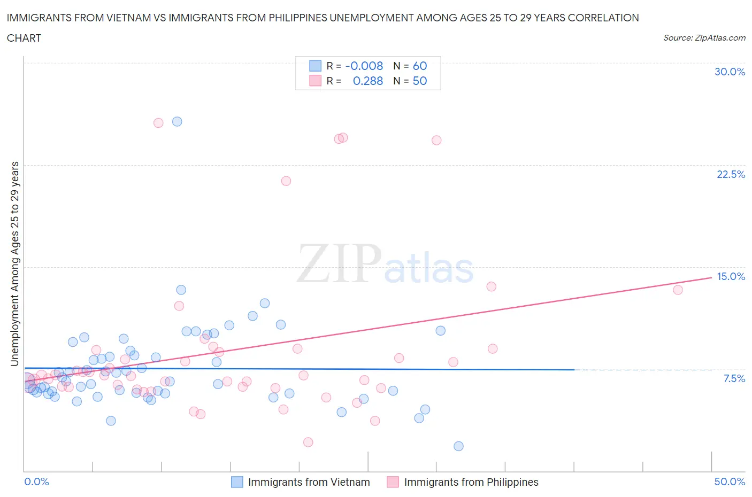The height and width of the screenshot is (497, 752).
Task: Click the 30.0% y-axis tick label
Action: click(730, 72)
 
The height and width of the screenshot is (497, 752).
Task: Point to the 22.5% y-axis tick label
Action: click(731, 174)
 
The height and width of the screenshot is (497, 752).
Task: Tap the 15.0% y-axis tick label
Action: click(731, 276)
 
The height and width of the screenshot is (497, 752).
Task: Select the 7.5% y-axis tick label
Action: click(734, 378)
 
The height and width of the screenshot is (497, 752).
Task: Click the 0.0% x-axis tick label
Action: click(36, 482)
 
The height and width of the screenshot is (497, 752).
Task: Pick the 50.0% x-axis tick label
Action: click(730, 482)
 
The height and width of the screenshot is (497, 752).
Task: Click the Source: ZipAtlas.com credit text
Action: click(704, 38)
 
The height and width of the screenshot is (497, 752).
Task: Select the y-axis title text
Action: click(15, 263)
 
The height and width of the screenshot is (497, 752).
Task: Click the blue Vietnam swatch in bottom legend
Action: click(237, 482)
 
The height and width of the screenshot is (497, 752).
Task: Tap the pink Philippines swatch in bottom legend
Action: click(393, 482)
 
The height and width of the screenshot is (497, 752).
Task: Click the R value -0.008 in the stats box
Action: click(364, 66)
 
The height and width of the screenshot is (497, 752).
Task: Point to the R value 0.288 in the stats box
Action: click(367, 81)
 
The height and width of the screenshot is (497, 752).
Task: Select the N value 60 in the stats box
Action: click(420, 66)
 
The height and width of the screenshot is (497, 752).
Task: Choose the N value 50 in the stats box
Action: click(420, 81)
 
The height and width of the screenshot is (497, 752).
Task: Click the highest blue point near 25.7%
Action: click(177, 121)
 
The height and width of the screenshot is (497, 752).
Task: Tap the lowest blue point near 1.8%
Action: click(458, 446)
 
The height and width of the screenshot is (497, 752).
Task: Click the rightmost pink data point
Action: click(678, 290)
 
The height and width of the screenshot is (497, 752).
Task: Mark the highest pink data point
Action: click(158, 123)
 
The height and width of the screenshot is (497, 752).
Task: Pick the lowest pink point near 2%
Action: click(308, 442)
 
